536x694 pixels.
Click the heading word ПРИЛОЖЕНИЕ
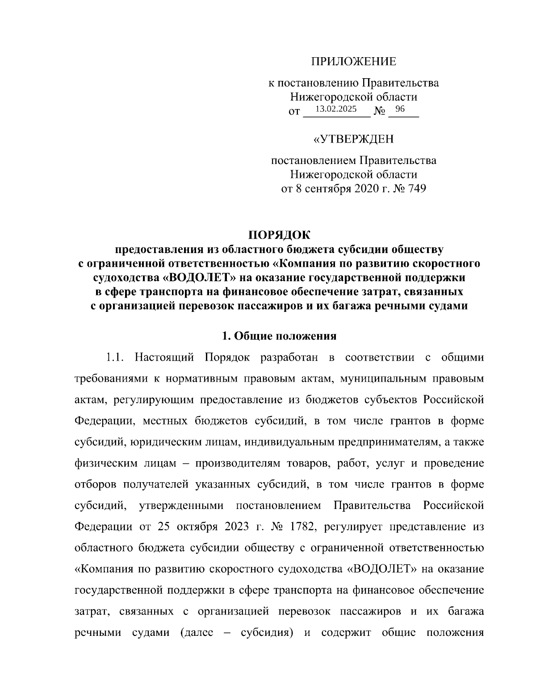[x=353, y=62]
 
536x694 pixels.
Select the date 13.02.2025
[x=336, y=109]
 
